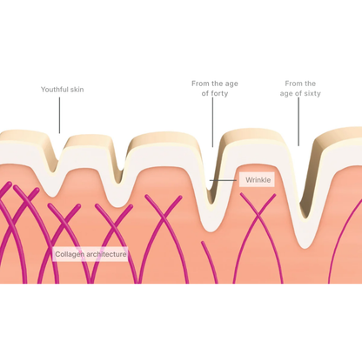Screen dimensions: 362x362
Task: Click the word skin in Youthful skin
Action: [x=77, y=90]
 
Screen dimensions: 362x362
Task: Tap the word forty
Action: [x=219, y=93]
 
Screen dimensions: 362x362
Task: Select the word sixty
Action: [x=312, y=93]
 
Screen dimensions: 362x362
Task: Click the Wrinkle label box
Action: [x=257, y=180]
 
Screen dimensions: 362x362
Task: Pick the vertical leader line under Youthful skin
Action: [x=60, y=115]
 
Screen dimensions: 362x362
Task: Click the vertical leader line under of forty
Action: [x=212, y=123]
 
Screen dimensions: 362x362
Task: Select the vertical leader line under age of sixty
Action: [x=298, y=122]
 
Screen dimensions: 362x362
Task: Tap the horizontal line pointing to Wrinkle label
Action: [x=223, y=180]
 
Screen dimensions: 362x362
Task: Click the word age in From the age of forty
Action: [x=231, y=84]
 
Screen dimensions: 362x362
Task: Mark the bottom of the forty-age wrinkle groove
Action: [x=211, y=201]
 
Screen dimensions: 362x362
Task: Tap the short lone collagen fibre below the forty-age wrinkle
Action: [x=210, y=262]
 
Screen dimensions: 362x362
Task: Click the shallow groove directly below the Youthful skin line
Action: [x=55, y=167]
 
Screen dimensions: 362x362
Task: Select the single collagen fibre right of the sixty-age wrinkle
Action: [x=345, y=242]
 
